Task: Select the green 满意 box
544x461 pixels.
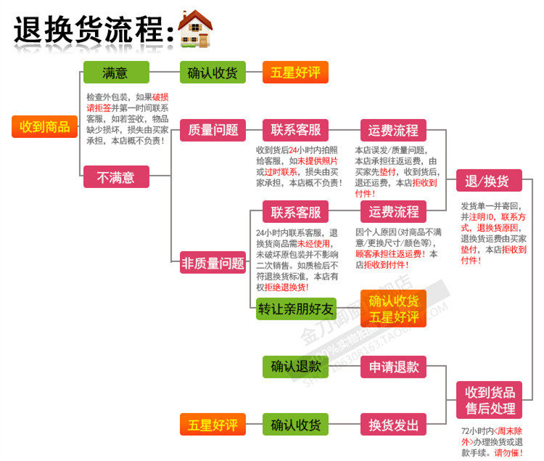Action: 115,72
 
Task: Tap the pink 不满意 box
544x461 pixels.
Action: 116,176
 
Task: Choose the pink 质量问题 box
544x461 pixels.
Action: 213,130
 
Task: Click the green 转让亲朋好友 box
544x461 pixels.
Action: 296,309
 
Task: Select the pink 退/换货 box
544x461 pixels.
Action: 487,181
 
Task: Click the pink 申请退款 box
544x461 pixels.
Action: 394,367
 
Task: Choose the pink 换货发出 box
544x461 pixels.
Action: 394,424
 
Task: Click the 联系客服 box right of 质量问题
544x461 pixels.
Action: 296,130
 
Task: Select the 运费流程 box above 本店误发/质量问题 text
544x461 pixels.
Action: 394,130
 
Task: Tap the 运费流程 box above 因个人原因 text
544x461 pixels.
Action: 394,212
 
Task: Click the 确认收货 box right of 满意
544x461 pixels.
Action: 213,72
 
